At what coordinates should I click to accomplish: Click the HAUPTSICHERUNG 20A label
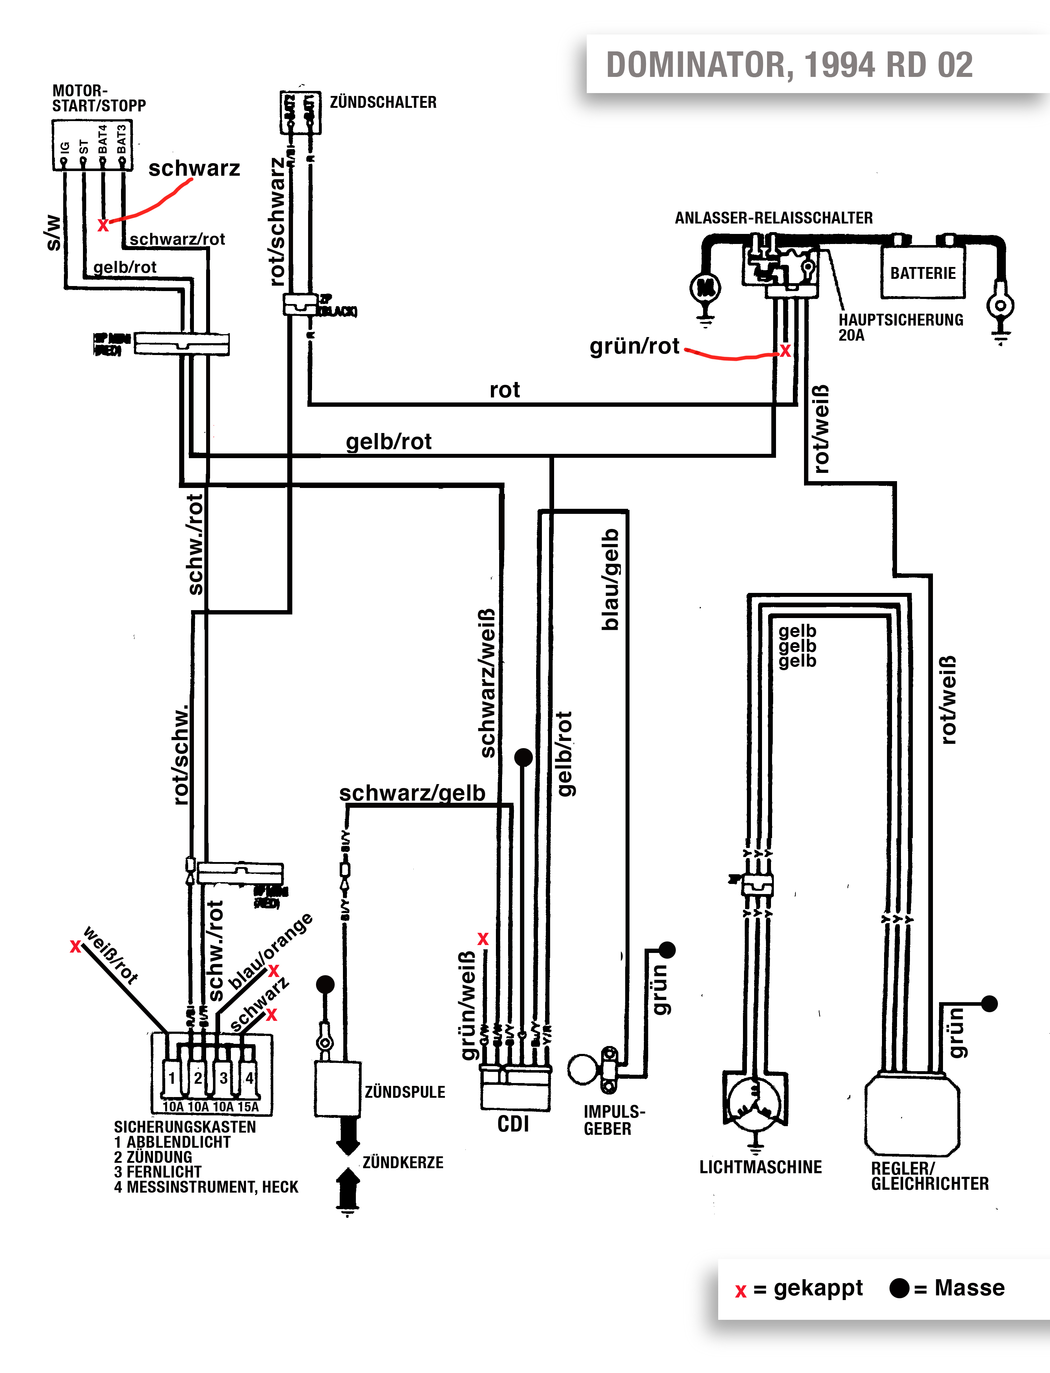[900, 327]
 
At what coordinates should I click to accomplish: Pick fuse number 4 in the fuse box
[249, 1077]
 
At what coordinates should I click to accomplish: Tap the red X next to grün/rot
[785, 351]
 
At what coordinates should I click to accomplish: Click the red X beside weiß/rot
[75, 946]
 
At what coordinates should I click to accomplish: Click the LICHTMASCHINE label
[760, 1167]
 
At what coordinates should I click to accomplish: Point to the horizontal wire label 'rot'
[505, 390]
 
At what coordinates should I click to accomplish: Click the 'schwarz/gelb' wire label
[412, 793]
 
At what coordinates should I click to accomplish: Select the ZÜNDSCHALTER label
[382, 102]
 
